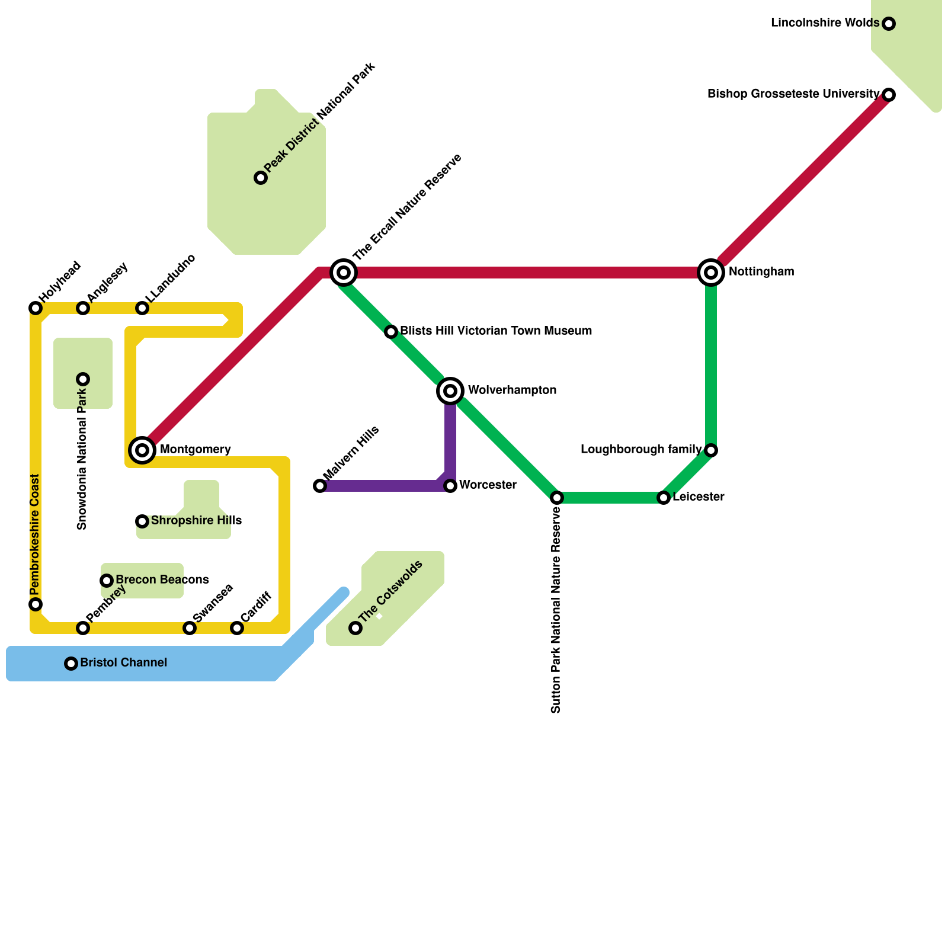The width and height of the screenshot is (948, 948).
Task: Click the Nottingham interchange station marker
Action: pyautogui.click(x=711, y=273)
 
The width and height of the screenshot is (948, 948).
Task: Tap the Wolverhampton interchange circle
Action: pyautogui.click(x=450, y=391)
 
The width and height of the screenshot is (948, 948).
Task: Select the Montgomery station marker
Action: pyautogui.click(x=142, y=450)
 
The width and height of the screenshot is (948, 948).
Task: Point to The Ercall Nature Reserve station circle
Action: pyautogui.click(x=344, y=273)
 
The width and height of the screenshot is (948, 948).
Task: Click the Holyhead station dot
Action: pyautogui.click(x=36, y=308)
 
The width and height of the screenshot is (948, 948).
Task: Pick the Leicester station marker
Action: pyautogui.click(x=664, y=498)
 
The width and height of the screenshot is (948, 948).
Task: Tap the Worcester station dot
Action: pyautogui.click(x=450, y=486)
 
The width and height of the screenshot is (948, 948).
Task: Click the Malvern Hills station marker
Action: pyautogui.click(x=320, y=486)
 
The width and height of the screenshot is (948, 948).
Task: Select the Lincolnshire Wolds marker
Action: pyautogui.click(x=889, y=24)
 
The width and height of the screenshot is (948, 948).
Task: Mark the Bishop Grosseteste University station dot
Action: pyautogui.click(x=889, y=95)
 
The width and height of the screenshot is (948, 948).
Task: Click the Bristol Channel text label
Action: pyautogui.click(x=123, y=662)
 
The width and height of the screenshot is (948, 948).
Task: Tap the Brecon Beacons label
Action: pyautogui.click(x=162, y=579)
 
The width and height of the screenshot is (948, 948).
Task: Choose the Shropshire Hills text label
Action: pyautogui.click(x=196, y=520)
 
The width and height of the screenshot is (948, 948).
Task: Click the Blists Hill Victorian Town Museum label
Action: pyautogui.click(x=496, y=331)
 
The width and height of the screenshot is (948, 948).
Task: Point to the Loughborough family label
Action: pyautogui.click(x=641, y=449)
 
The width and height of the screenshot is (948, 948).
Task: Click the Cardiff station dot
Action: pyautogui.click(x=237, y=628)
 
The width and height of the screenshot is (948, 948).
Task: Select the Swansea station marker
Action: pyautogui.click(x=190, y=628)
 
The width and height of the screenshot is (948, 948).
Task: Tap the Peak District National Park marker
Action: pyautogui.click(x=261, y=178)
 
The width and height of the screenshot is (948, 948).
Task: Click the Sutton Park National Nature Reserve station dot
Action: pyautogui.click(x=557, y=498)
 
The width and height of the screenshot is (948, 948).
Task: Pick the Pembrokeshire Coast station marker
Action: pyautogui.click(x=36, y=604)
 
